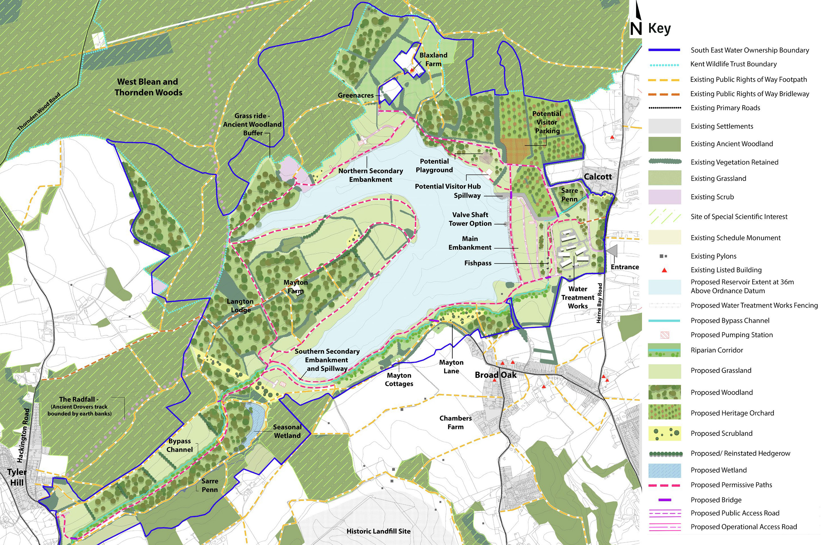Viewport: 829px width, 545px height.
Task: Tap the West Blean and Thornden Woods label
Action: [148, 87]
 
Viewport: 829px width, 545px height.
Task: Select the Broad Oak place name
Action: [495, 375]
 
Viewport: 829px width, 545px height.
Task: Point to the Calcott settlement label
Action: [597, 177]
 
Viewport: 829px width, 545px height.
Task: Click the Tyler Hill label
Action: [17, 477]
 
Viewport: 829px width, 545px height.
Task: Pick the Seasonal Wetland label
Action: [287, 431]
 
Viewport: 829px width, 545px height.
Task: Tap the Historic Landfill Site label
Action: [378, 531]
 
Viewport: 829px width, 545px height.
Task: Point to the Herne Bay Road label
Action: [599, 303]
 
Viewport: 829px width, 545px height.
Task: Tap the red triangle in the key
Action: [664, 270]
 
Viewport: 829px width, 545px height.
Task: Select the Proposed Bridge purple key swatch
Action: [664, 500]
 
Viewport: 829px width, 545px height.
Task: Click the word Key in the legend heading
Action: [659, 28]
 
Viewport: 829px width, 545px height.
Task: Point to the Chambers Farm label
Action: [455, 422]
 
